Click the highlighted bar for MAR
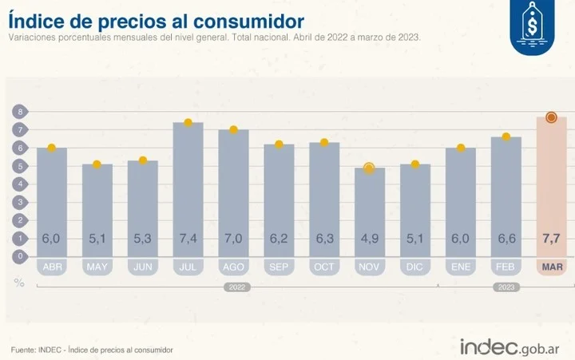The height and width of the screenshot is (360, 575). (551, 184)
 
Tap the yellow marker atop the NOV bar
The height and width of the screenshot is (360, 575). (369, 168)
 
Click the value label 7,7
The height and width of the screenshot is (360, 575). (551, 239)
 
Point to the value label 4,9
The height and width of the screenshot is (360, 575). (369, 239)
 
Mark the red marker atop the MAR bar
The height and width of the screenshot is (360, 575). (551, 117)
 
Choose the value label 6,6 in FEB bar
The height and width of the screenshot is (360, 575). (506, 239)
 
